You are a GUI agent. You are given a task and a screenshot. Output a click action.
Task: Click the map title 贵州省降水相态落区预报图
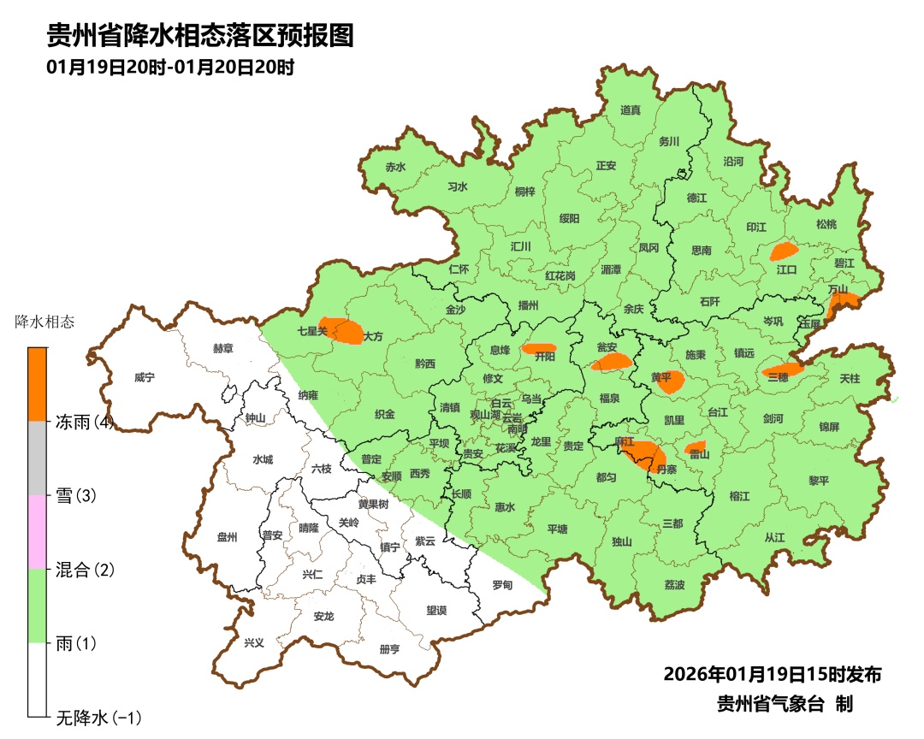click(200, 36)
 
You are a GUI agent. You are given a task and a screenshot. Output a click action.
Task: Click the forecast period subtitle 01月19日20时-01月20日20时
click(171, 68)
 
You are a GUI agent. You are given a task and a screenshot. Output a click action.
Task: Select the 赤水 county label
click(395, 168)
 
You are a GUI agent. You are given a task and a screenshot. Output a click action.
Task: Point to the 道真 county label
click(631, 110)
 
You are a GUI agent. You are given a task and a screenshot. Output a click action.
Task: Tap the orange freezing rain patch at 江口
click(783, 251)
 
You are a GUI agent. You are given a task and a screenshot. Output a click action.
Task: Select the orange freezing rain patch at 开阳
click(539, 349)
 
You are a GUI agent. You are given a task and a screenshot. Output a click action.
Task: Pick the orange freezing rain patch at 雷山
click(696, 447)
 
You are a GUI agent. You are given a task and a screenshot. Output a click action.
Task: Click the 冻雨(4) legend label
click(85, 422)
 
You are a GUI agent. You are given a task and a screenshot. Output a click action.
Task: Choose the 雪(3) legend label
click(76, 496)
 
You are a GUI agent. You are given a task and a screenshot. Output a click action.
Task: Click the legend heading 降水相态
click(45, 322)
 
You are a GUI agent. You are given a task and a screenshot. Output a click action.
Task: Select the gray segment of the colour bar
click(37, 458)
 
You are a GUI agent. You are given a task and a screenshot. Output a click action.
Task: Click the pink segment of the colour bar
click(37, 532)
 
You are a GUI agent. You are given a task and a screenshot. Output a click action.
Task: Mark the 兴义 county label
click(254, 643)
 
